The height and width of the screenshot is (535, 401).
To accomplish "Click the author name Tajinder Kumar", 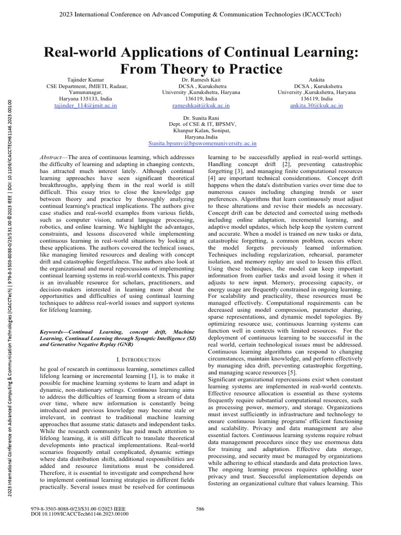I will click(86, 79).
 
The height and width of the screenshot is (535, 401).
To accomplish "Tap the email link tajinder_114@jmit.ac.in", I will click(86, 105).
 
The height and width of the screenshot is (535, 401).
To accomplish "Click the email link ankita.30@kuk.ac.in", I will click(317, 105).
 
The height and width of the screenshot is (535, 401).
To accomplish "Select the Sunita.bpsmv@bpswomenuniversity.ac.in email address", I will click(202, 143).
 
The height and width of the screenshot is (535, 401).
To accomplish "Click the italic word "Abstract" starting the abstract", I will click(51, 157).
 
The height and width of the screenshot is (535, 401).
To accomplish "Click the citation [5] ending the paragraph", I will click(291, 373).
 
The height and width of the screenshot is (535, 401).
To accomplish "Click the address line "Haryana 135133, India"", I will click(86, 99).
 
